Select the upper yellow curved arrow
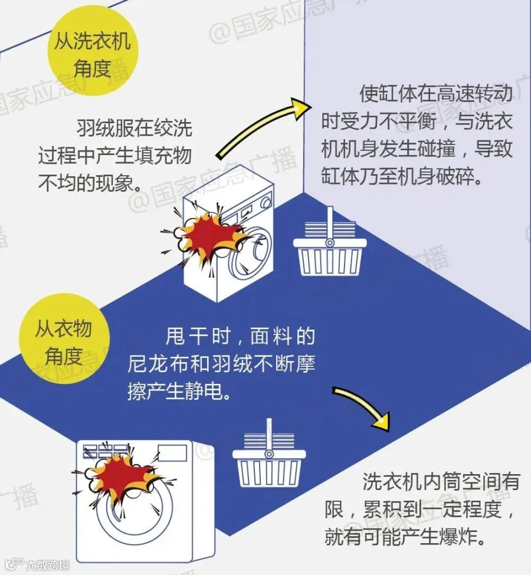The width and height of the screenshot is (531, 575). click(260, 127)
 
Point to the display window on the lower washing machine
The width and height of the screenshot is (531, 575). click(172, 453)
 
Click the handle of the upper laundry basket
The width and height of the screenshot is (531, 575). click(330, 224)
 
